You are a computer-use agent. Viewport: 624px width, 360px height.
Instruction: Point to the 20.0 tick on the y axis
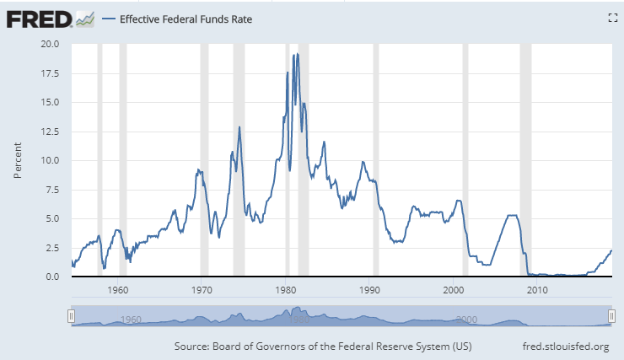[49, 45]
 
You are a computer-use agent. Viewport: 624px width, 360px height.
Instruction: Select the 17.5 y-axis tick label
[49, 73]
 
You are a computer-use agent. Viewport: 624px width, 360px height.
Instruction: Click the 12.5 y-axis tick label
[49, 132]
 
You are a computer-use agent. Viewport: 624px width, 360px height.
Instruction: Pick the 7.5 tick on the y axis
[51, 190]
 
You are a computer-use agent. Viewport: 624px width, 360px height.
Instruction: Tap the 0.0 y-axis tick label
[51, 277]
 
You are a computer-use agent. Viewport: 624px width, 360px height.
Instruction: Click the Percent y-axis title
[18, 160]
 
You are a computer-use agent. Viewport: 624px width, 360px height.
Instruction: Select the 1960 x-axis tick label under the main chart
[117, 290]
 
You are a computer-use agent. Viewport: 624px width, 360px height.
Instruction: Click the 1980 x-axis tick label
[286, 290]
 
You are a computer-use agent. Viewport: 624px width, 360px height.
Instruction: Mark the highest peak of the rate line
[298, 54]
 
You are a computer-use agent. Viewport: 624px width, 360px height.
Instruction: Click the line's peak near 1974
[239, 127]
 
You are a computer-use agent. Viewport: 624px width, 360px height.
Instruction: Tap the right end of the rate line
[611, 250]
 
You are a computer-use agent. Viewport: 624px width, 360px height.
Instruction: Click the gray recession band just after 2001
[465, 160]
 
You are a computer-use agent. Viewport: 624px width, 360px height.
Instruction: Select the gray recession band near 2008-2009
[525, 160]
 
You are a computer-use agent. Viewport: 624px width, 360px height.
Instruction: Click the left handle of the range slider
[72, 315]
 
